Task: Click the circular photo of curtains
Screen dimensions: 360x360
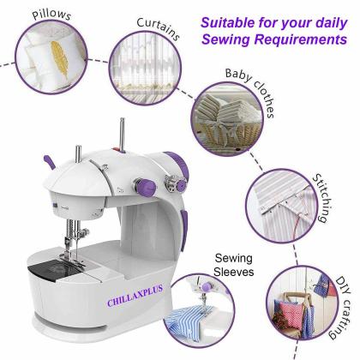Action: tap(139, 81)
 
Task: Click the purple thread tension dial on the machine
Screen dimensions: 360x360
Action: tap(182, 183)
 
